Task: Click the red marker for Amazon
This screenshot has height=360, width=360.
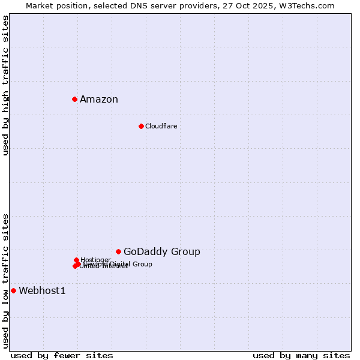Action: click(74, 99)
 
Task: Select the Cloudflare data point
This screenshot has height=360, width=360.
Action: click(141, 126)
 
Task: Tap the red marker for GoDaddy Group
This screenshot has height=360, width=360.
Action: click(118, 251)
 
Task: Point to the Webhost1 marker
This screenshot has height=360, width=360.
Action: click(13, 290)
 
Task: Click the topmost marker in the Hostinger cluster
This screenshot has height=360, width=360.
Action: click(76, 260)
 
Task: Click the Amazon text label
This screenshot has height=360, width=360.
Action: click(99, 100)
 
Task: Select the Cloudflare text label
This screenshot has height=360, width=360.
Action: click(161, 126)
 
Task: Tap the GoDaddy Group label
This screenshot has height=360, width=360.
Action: click(162, 252)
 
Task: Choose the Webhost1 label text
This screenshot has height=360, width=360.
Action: click(42, 291)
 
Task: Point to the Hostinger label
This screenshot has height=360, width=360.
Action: click(95, 260)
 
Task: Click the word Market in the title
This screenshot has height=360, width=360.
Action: click(40, 5)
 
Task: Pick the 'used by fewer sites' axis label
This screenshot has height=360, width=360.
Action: click(62, 355)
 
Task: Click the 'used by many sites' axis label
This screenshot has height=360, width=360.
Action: click(301, 355)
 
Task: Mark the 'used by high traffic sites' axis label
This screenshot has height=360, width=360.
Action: click(5, 85)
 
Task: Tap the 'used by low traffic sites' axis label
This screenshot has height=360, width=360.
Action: click(5, 280)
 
